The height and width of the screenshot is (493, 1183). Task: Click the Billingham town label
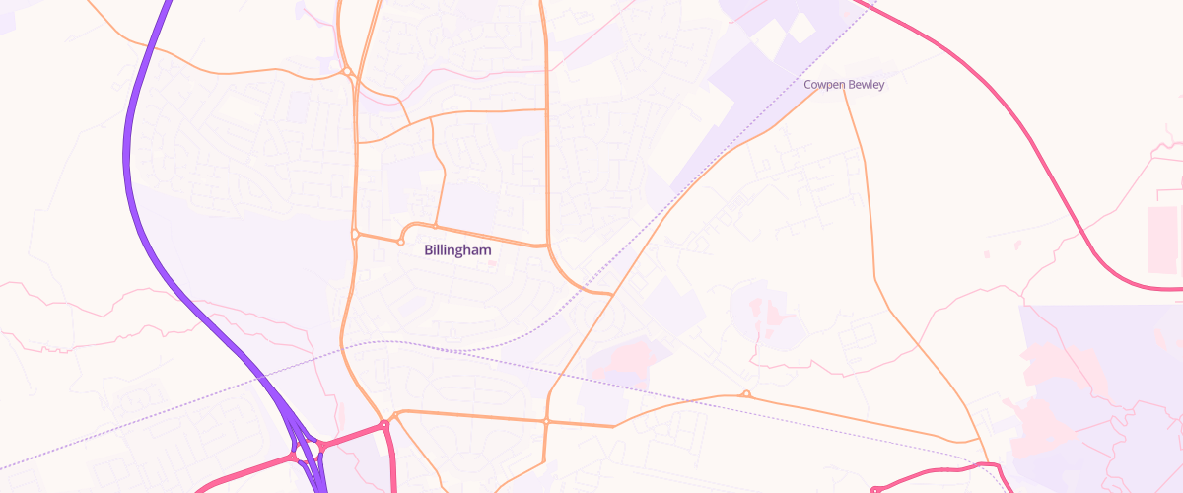[x=457, y=250]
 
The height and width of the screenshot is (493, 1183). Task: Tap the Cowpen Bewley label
[x=844, y=85]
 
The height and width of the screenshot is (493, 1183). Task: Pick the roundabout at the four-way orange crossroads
[x=545, y=421]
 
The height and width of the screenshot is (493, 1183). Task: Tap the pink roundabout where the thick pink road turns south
[x=384, y=425]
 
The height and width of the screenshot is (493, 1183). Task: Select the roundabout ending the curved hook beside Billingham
[x=401, y=242]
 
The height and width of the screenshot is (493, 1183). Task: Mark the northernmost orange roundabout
[x=347, y=71]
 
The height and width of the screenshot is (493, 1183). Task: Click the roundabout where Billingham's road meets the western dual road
[x=355, y=234]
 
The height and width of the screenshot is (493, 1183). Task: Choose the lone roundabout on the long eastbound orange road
[x=746, y=395]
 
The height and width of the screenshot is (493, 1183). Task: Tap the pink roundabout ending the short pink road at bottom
[x=874, y=488]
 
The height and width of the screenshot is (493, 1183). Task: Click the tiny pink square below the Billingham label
[x=493, y=264]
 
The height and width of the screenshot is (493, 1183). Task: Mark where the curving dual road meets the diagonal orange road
[x=613, y=293]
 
